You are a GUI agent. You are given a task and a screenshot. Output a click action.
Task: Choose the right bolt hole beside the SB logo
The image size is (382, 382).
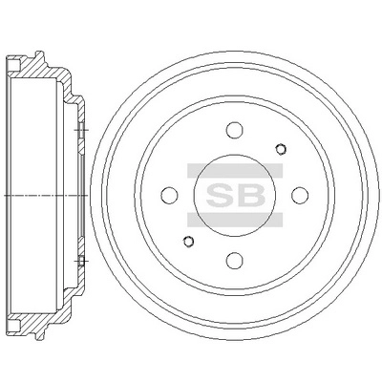(x=297, y=195)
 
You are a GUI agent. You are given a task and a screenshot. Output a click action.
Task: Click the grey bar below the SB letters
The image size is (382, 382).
(x=234, y=217)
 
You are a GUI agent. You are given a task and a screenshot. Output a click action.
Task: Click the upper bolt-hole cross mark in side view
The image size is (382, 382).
(x=80, y=131)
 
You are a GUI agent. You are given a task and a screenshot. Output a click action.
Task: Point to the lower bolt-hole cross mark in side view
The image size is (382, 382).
(x=80, y=259)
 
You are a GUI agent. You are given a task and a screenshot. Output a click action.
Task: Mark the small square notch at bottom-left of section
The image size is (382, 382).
(x=13, y=323)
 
